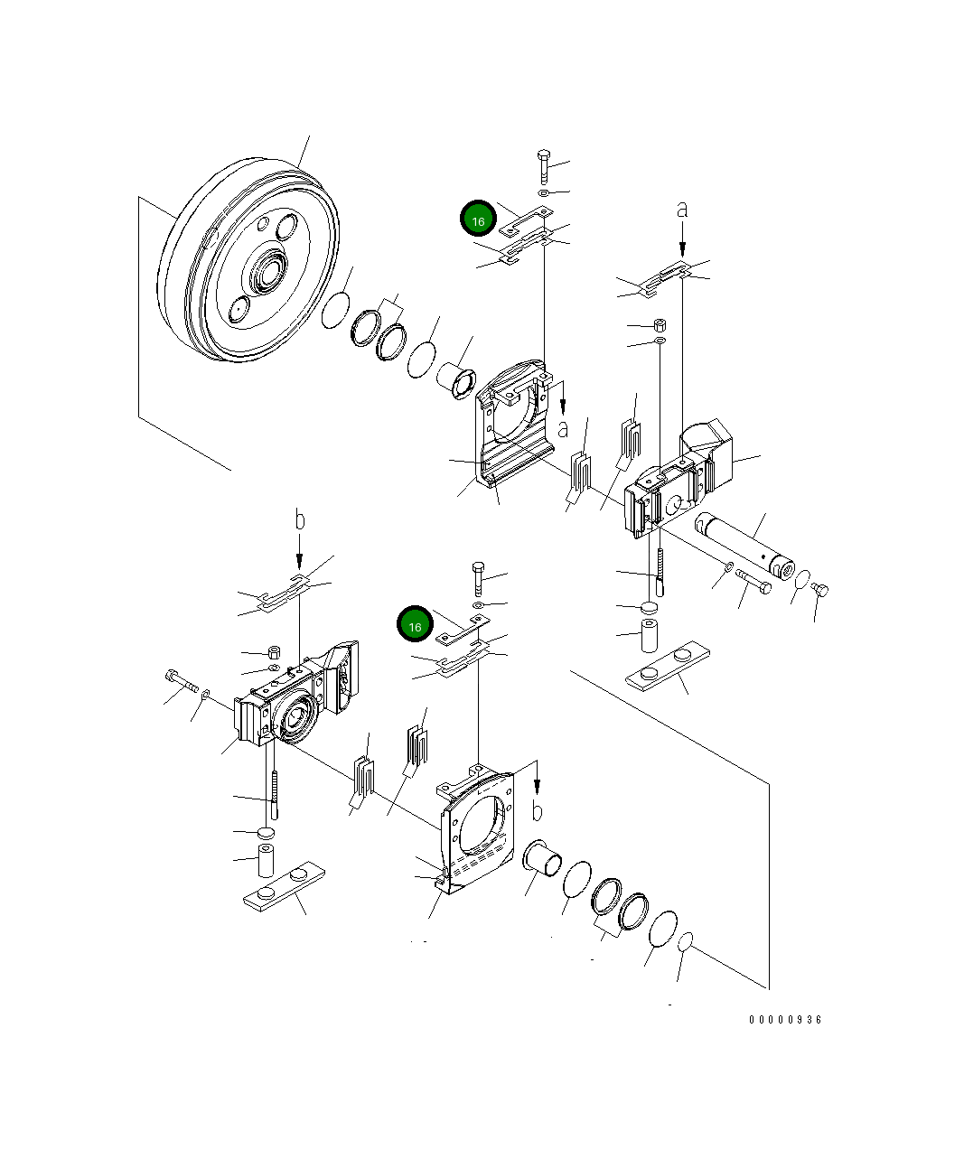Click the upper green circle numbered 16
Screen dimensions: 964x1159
[x=478, y=218]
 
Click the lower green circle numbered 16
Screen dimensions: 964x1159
[x=415, y=623]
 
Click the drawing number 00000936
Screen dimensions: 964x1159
[x=784, y=1020]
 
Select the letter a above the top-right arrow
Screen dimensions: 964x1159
[x=682, y=210]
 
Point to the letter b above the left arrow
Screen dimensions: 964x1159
[x=300, y=519]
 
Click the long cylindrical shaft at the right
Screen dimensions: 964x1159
[x=744, y=547]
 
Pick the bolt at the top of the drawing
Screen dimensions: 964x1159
[x=544, y=166]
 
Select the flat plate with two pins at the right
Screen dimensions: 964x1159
[x=668, y=667]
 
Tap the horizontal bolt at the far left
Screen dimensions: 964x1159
[x=181, y=680]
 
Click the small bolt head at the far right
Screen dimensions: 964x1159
[x=819, y=590]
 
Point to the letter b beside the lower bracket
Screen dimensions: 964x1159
[x=537, y=811]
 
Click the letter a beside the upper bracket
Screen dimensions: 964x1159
[x=563, y=429]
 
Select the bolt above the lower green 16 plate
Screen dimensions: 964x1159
[x=478, y=578]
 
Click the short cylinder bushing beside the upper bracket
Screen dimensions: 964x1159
[x=456, y=379]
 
